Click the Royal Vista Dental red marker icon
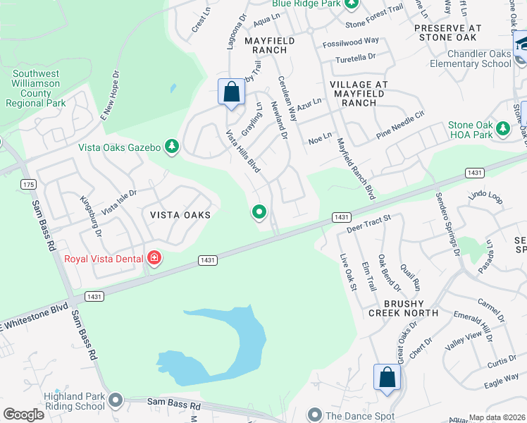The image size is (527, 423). click(154, 259)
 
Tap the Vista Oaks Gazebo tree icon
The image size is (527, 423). click(171, 147)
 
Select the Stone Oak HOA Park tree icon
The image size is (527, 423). click(502, 129)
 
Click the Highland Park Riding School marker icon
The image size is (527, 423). click(116, 402)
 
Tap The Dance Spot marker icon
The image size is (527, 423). click(314, 416)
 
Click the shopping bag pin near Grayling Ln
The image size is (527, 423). click(231, 92)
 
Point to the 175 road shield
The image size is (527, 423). click(28, 184)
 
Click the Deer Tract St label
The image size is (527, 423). click(368, 224)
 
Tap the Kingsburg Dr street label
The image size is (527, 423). click(90, 215)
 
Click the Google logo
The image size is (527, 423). click(24, 415)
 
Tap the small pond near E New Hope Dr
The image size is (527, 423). click(173, 89)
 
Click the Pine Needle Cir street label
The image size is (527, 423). click(401, 123)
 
